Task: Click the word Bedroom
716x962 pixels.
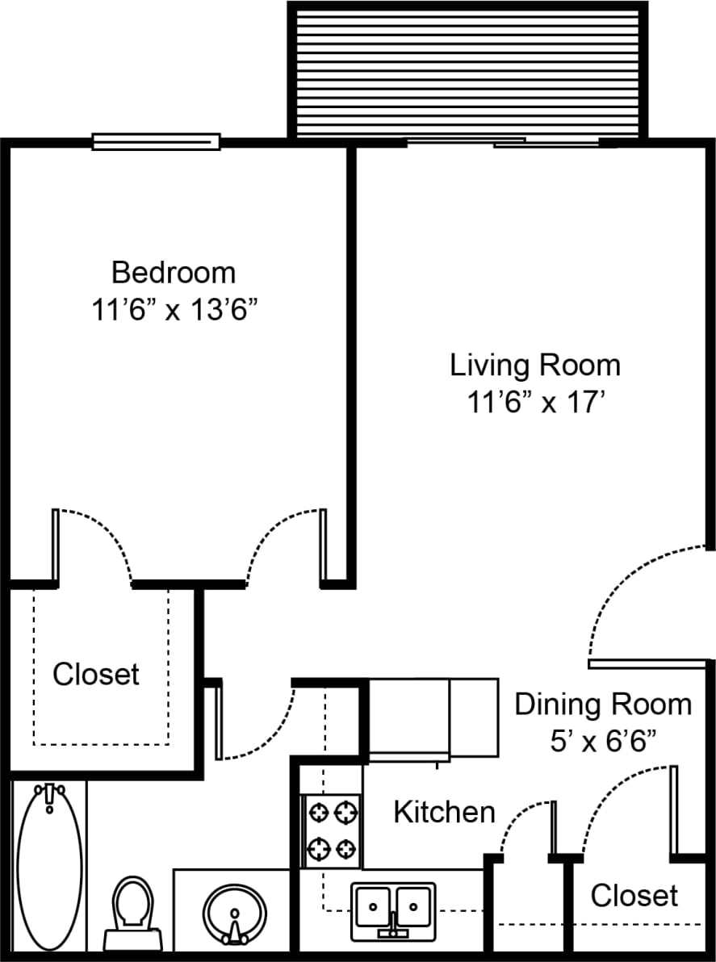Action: [x=174, y=273]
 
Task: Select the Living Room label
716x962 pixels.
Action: [x=535, y=365]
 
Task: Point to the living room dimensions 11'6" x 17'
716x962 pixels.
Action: [x=535, y=402]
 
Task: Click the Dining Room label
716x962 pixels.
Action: [x=603, y=704]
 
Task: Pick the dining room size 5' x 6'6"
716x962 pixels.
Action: [x=603, y=740]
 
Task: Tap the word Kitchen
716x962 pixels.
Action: [x=444, y=812]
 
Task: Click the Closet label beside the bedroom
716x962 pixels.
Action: [x=96, y=674]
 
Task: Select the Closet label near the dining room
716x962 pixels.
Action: [x=634, y=895]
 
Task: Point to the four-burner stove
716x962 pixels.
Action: [x=331, y=830]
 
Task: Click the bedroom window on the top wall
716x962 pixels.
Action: [x=156, y=142]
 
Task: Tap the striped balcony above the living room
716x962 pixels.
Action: [x=468, y=73]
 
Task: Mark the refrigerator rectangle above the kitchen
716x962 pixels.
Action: [x=433, y=718]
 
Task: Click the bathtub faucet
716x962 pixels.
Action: [x=50, y=796]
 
